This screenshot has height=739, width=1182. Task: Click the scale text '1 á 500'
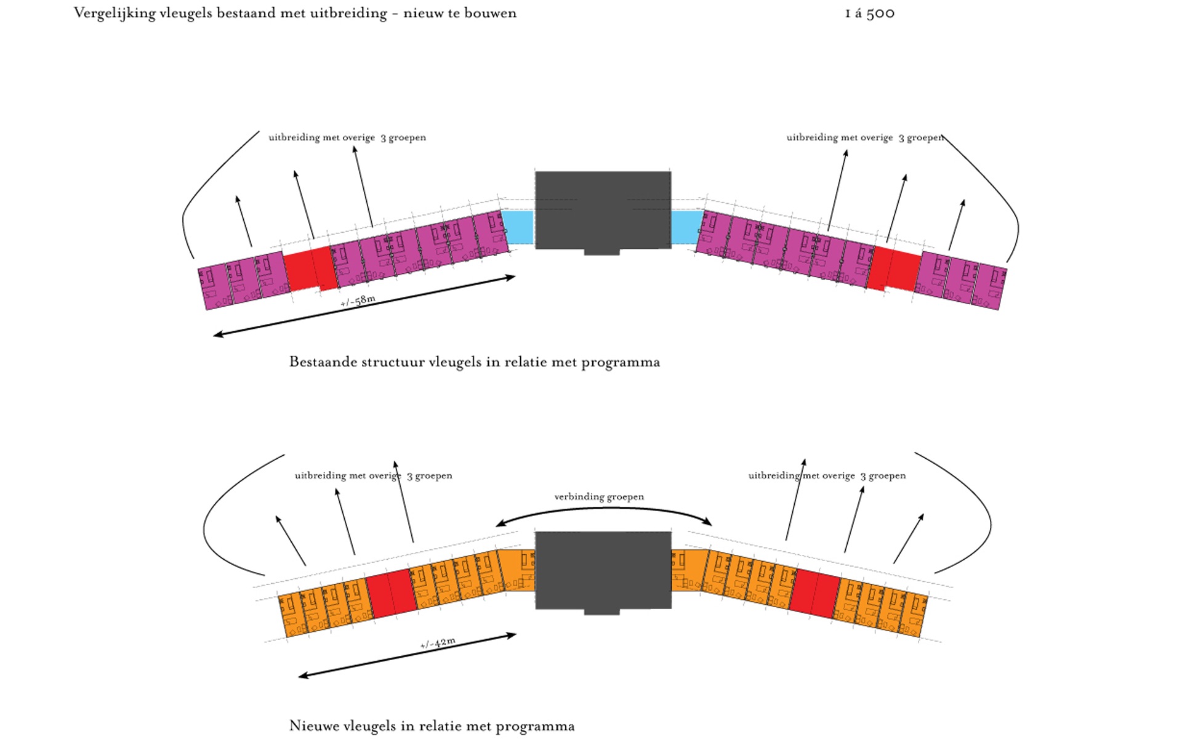click(869, 14)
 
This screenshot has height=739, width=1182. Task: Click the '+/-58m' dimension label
click(358, 301)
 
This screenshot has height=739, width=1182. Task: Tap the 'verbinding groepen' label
click(598, 497)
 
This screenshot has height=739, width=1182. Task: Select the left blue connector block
click(518, 227)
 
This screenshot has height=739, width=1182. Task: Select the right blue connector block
click(686, 227)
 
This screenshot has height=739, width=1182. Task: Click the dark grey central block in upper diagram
click(603, 210)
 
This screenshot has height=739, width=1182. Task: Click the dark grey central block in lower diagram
click(603, 570)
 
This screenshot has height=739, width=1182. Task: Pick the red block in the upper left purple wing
click(310, 269)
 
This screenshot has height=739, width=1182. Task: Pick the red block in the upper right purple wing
click(895, 269)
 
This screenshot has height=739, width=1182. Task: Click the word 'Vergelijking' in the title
click(115, 14)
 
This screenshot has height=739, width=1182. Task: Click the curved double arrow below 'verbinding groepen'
click(603, 510)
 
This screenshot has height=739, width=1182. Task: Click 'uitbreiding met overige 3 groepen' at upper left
click(347, 137)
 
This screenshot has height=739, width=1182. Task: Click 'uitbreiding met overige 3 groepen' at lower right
click(827, 475)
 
